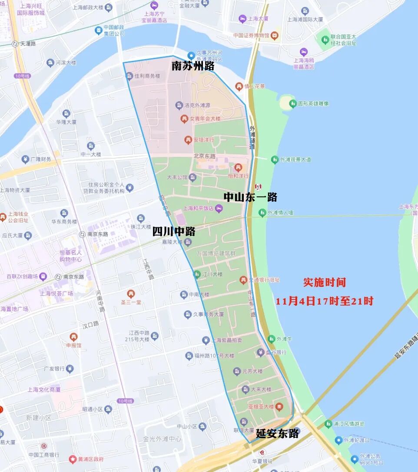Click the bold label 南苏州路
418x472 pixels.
pos(193,66)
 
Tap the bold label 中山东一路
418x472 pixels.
pos(250,197)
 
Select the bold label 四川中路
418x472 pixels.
pos(173,231)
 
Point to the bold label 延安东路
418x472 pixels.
pos(277,433)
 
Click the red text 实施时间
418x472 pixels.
pos(325,282)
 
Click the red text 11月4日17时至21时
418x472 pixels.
pos(325,301)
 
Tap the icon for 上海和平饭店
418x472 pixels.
pos(219,208)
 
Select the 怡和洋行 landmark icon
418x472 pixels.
pos(238,167)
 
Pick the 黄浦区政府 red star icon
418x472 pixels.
pos(73,459)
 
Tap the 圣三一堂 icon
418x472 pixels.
pos(130,294)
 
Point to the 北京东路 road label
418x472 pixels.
pos(204,156)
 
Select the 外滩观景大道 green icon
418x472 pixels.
pos(274,160)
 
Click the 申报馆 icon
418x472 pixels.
pos(73,337)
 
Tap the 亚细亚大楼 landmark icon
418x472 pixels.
pos(279,406)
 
